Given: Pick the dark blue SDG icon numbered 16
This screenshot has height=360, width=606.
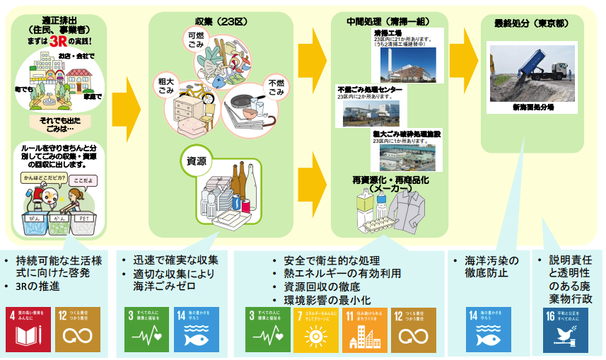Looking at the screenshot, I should (566, 330).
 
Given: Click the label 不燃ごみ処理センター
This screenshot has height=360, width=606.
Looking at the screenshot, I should (371, 91).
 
